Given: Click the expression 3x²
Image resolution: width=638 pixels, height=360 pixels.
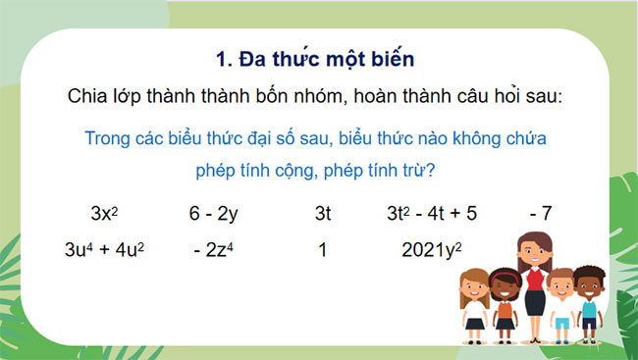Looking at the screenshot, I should pyautogui.click(x=103, y=212).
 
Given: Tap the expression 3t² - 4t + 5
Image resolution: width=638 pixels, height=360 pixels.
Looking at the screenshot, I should pyautogui.click(x=431, y=212).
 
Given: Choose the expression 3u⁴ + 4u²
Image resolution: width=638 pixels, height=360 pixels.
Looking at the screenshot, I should pyautogui.click(x=104, y=249).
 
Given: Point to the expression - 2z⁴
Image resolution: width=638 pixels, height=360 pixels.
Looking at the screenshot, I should pyautogui.click(x=215, y=249).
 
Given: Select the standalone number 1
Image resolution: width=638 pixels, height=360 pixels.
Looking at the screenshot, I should pyautogui.click(x=322, y=249).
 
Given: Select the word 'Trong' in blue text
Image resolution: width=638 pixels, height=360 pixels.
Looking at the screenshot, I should pyautogui.click(x=110, y=138).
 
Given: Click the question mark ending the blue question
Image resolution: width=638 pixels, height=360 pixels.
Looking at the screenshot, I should pyautogui.click(x=432, y=170).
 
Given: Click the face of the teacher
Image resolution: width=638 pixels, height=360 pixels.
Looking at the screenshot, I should pyautogui.click(x=533, y=252).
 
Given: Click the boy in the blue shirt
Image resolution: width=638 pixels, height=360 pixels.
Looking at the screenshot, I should pyautogui.click(x=589, y=294).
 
